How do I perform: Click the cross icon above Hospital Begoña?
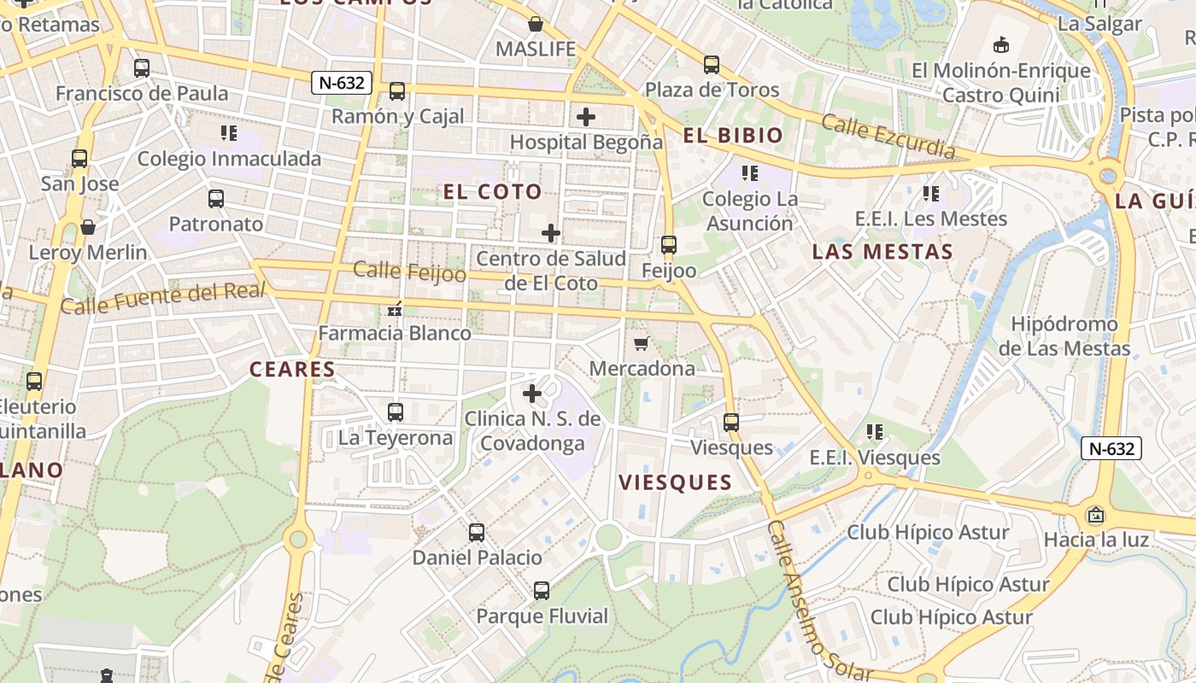coord(586,116)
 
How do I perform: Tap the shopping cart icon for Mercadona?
coord(641,343)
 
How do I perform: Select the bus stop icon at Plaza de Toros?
coord(711,64)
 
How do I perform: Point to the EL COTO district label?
coord(493,191)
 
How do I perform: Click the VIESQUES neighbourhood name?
coord(675,482)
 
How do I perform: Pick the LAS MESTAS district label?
coord(882,252)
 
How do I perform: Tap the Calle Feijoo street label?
coord(410,272)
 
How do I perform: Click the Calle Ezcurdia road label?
coord(888,136)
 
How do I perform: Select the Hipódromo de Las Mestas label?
coord(1064,336)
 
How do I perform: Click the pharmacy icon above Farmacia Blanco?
coord(395,308)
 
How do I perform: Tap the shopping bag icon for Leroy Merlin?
coord(88,227)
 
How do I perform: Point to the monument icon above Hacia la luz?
coord(1095,515)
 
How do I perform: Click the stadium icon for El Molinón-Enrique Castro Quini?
coord(1001,44)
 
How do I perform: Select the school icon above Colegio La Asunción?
coord(750,173)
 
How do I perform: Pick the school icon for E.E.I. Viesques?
coord(874,432)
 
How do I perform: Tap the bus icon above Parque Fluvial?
coord(541,590)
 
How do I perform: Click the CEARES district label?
coord(292,370)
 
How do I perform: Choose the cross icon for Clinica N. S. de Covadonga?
coord(532,394)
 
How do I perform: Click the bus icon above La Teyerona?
coord(396,412)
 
